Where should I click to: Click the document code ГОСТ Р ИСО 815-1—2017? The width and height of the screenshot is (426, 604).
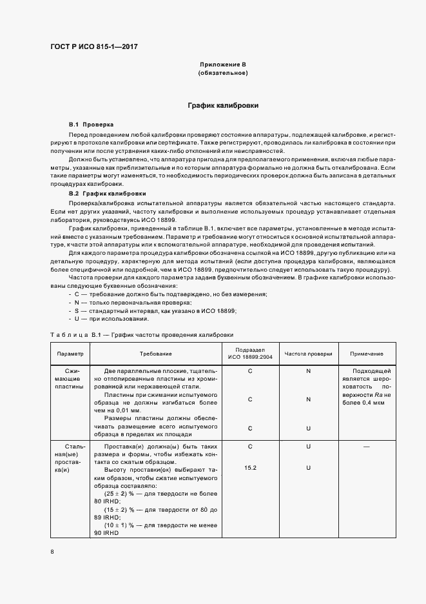tap(93, 46)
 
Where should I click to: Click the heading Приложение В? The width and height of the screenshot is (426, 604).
tap(223, 65)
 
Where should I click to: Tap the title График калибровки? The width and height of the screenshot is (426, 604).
tap(223, 105)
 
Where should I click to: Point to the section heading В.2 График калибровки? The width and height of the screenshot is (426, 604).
tap(108, 194)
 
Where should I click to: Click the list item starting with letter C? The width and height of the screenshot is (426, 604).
tap(167, 294)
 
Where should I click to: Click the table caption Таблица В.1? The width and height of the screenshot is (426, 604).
tap(142, 335)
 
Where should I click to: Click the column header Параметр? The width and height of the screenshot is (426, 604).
tap(70, 354)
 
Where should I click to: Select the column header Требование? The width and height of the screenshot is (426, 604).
tap(156, 354)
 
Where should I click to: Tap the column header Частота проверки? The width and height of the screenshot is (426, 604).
tap(308, 354)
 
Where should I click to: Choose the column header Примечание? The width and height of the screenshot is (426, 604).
tap(366, 354)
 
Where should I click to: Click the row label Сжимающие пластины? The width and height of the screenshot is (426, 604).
tap(70, 379)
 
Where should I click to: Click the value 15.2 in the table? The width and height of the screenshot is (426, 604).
tap(250, 467)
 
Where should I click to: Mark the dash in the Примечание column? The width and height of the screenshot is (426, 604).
tap(366, 446)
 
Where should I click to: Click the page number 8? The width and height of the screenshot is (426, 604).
tap(52, 551)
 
